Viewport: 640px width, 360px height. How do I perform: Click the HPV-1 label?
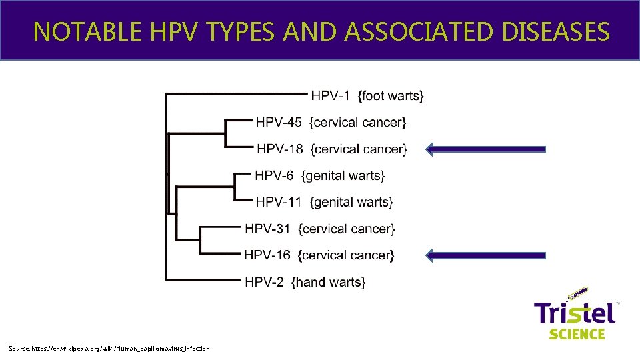[331, 96]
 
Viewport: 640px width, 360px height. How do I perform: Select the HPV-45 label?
[279, 123]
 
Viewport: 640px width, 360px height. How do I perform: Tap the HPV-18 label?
[280, 149]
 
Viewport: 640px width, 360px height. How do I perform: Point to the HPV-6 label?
[274, 176]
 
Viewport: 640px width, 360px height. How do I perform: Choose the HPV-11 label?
[279, 202]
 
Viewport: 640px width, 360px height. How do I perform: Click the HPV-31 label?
[267, 229]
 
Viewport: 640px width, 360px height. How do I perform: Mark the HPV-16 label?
[267, 255]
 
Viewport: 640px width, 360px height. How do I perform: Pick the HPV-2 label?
[265, 282]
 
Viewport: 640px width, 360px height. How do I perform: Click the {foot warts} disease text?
[391, 96]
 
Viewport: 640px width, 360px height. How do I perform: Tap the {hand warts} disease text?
[328, 282]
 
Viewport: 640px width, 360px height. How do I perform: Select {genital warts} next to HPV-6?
[343, 176]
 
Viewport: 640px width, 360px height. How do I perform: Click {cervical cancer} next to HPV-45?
[359, 123]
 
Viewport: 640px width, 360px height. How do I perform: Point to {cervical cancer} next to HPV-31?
[347, 229]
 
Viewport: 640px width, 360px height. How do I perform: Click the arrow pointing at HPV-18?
[485, 149]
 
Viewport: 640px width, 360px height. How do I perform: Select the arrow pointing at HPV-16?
[485, 255]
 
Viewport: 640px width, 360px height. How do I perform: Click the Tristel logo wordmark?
[575, 311]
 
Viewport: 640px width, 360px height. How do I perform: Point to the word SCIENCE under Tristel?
[577, 333]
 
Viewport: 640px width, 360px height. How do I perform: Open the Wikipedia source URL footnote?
[109, 349]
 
